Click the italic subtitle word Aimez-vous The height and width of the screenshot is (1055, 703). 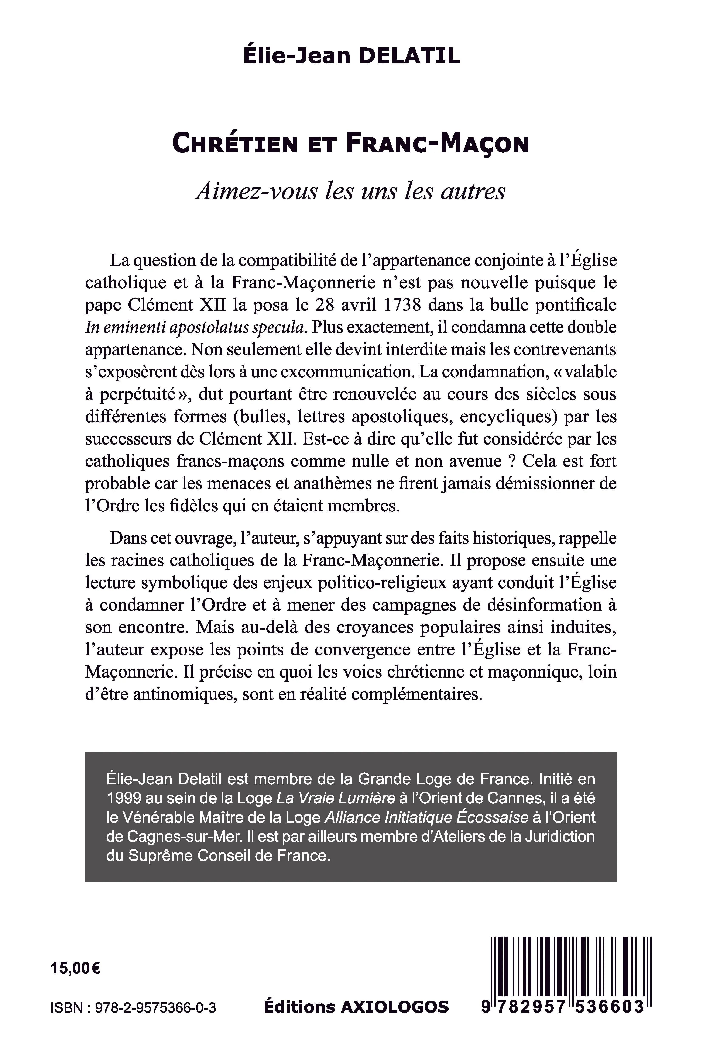pyautogui.click(x=256, y=191)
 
